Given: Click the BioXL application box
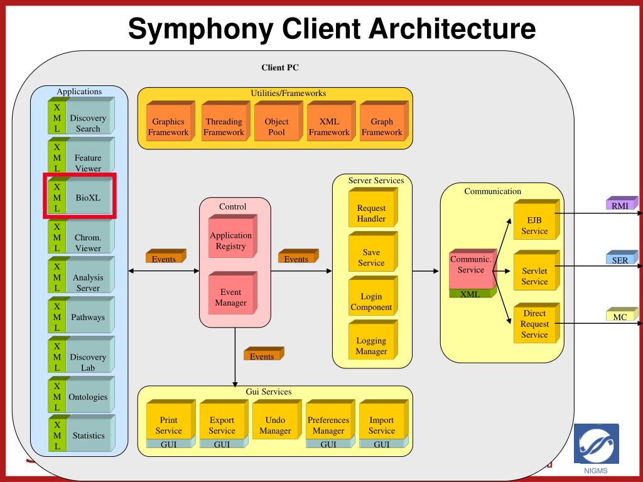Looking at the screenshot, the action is [80, 196].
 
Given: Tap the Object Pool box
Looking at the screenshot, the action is [278, 121].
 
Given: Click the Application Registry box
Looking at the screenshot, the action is [232, 236].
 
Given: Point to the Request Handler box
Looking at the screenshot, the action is [373, 207].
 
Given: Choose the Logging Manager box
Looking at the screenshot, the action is [373, 340].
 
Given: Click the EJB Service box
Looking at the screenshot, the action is [536, 220].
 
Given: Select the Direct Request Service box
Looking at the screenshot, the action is [536, 323].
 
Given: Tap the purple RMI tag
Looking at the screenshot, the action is [622, 203].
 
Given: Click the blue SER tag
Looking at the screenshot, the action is [622, 257].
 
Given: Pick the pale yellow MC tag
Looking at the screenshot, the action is [622, 314].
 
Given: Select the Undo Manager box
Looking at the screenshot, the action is [277, 420].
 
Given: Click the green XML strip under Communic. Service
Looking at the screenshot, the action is [472, 293].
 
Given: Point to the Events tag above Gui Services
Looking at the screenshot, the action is [264, 354].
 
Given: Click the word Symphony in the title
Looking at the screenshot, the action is [200, 29].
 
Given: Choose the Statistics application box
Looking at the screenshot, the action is [81, 433].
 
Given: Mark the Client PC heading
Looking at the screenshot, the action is [280, 68].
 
